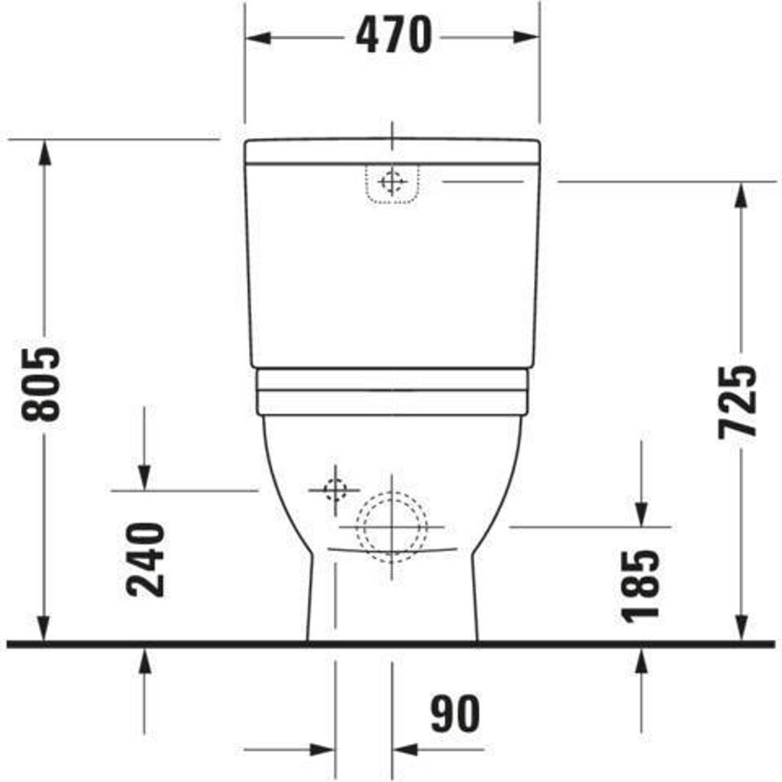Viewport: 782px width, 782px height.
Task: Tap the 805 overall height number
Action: point(41,384)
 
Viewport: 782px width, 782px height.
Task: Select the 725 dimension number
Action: point(737,402)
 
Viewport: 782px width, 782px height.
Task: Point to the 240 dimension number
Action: point(145,560)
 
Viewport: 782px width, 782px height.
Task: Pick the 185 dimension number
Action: point(640,586)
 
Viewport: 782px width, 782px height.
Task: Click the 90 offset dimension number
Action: point(455,714)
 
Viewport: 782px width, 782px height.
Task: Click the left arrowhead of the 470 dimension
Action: point(259,37)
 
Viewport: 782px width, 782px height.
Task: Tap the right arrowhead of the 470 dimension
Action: point(525,37)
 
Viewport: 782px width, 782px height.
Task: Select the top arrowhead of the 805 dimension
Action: point(44,152)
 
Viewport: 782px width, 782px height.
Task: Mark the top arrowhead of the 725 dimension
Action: point(742,195)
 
